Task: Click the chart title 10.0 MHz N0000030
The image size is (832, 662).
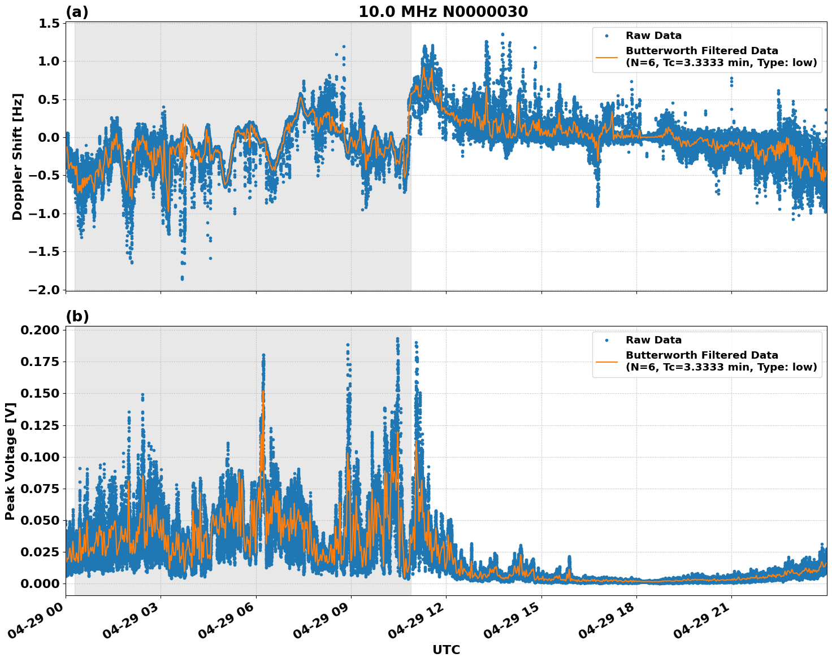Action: [x=443, y=11]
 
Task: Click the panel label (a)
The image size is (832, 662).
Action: [x=77, y=12]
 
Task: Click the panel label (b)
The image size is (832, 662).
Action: [x=77, y=316]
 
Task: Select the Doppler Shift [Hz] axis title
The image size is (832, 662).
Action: [x=18, y=156]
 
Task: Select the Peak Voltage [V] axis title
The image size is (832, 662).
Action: [x=10, y=461]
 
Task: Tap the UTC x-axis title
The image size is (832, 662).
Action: [x=446, y=650]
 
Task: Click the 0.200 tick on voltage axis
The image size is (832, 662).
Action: [x=40, y=330]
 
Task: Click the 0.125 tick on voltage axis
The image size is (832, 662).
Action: [x=40, y=425]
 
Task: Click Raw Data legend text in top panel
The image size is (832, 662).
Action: [x=653, y=36]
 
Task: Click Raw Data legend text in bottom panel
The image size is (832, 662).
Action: [x=653, y=340]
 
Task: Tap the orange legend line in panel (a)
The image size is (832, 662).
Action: [x=607, y=57]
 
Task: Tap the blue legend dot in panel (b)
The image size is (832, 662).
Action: [x=607, y=340]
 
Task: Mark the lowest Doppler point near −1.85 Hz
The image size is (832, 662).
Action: [x=182, y=278]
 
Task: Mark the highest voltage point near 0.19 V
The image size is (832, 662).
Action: [x=397, y=339]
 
